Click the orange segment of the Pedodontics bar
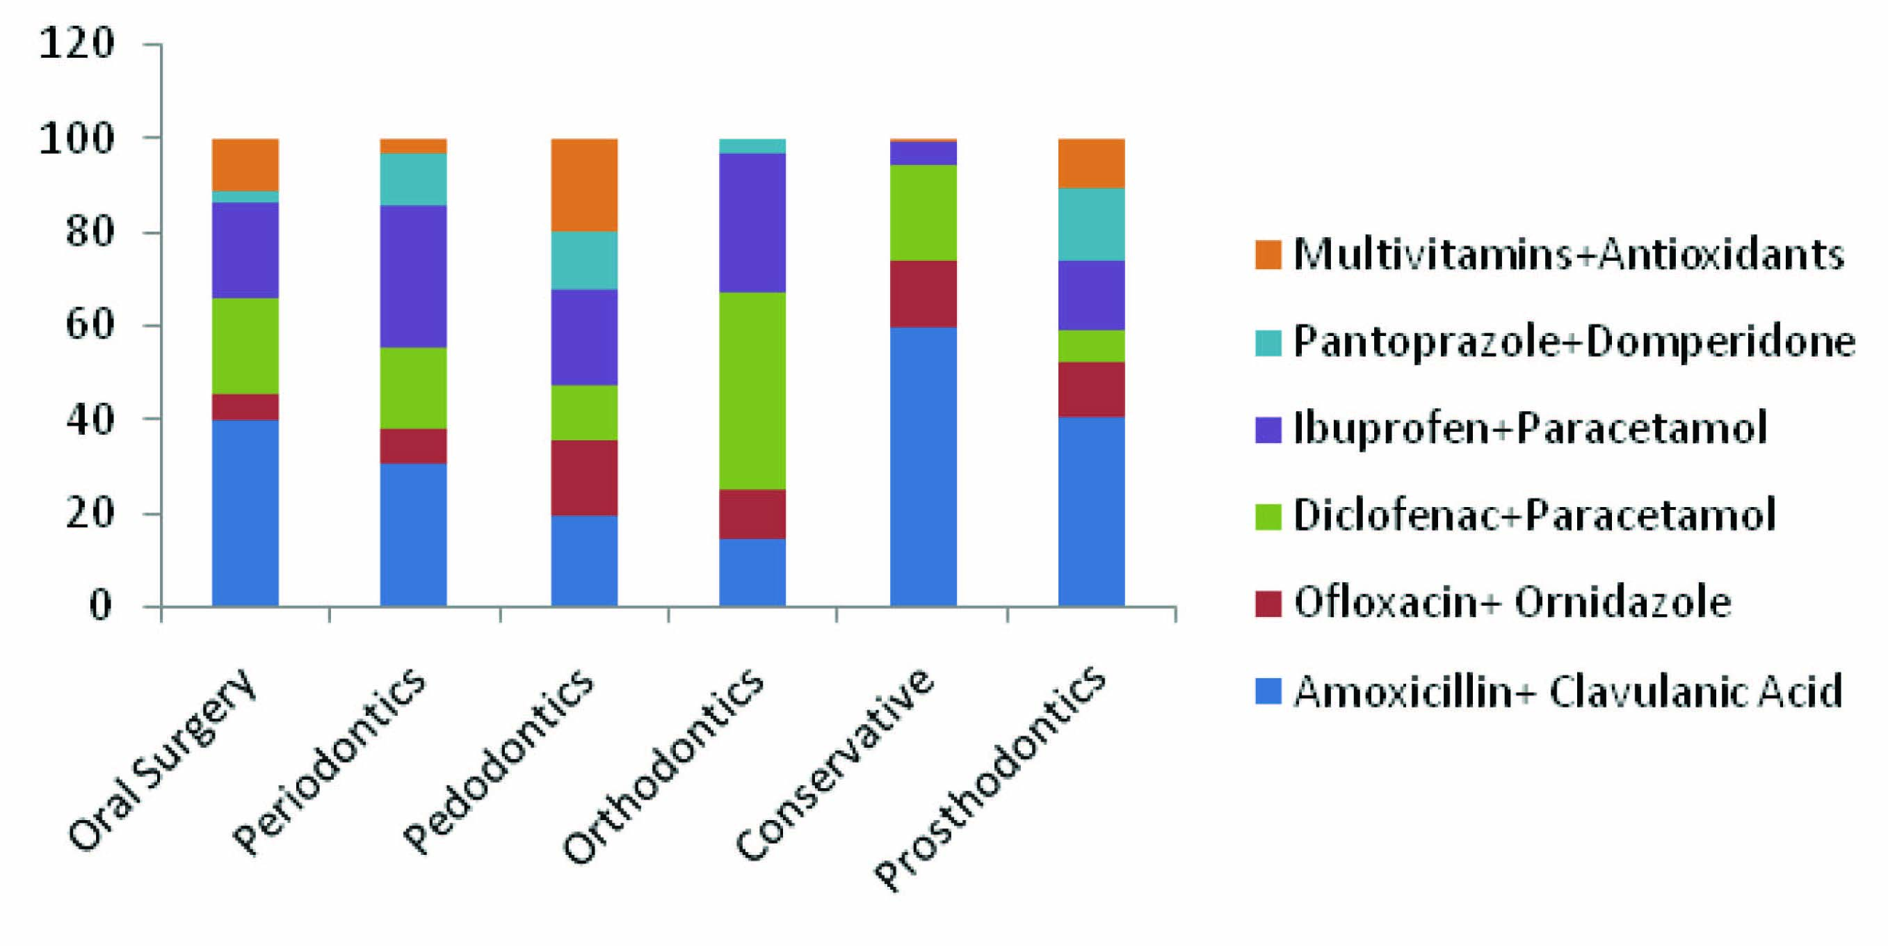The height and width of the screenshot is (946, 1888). click(584, 185)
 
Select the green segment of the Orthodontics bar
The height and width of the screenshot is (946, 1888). click(752, 390)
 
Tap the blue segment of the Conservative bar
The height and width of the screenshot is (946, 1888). click(923, 467)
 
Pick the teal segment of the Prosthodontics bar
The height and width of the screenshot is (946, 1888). click(1091, 225)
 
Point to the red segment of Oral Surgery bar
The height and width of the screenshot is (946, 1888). click(245, 406)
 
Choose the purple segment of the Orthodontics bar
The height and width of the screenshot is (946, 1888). click(752, 222)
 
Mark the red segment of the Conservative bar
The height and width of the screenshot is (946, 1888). click(923, 294)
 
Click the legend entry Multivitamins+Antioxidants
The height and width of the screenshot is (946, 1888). click(1568, 255)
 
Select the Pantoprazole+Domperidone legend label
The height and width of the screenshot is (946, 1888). click(1574, 342)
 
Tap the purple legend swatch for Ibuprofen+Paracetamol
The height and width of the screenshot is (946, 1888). click(1268, 430)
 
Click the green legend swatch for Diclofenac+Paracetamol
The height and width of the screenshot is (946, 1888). click(1268, 516)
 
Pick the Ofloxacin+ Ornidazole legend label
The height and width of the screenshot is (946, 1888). click(1512, 603)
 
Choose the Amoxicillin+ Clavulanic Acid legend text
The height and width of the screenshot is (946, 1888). click(1567, 691)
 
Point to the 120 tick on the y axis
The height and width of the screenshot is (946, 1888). click(77, 44)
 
